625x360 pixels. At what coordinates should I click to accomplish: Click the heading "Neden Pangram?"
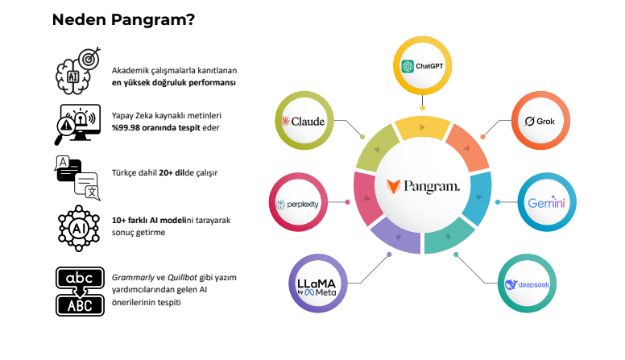pos(123,20)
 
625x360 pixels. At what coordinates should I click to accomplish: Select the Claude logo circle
pos(303,122)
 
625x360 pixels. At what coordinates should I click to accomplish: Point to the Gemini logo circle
pos(547,202)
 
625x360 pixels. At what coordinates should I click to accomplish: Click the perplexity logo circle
pos(298,204)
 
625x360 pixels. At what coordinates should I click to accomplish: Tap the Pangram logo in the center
pos(423,187)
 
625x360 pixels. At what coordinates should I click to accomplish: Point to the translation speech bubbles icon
pos(77,176)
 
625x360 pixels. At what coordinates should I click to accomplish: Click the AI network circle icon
pos(77,228)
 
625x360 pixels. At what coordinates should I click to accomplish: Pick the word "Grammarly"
pos(130,278)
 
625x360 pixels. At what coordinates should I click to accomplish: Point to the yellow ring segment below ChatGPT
pos(422,128)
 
